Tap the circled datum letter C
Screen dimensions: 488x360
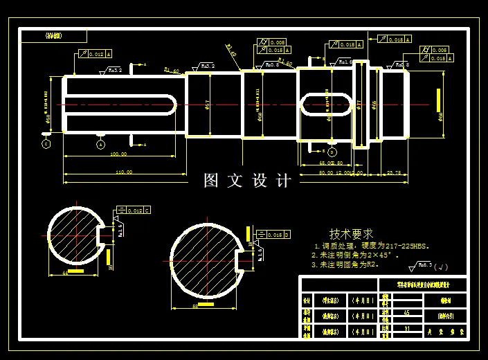click(46, 145)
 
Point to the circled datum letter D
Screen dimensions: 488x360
click(332, 152)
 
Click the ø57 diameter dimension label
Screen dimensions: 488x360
click(208, 105)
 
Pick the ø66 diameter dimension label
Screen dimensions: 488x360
click(374, 105)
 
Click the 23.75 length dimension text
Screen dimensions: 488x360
click(395, 172)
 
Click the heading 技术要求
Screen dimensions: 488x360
click(351, 234)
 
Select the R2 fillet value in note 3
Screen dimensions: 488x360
click(374, 264)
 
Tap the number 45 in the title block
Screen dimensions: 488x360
click(406, 313)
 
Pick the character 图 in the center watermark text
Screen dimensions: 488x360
click(212, 181)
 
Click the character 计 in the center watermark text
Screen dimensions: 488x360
click(284, 181)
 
